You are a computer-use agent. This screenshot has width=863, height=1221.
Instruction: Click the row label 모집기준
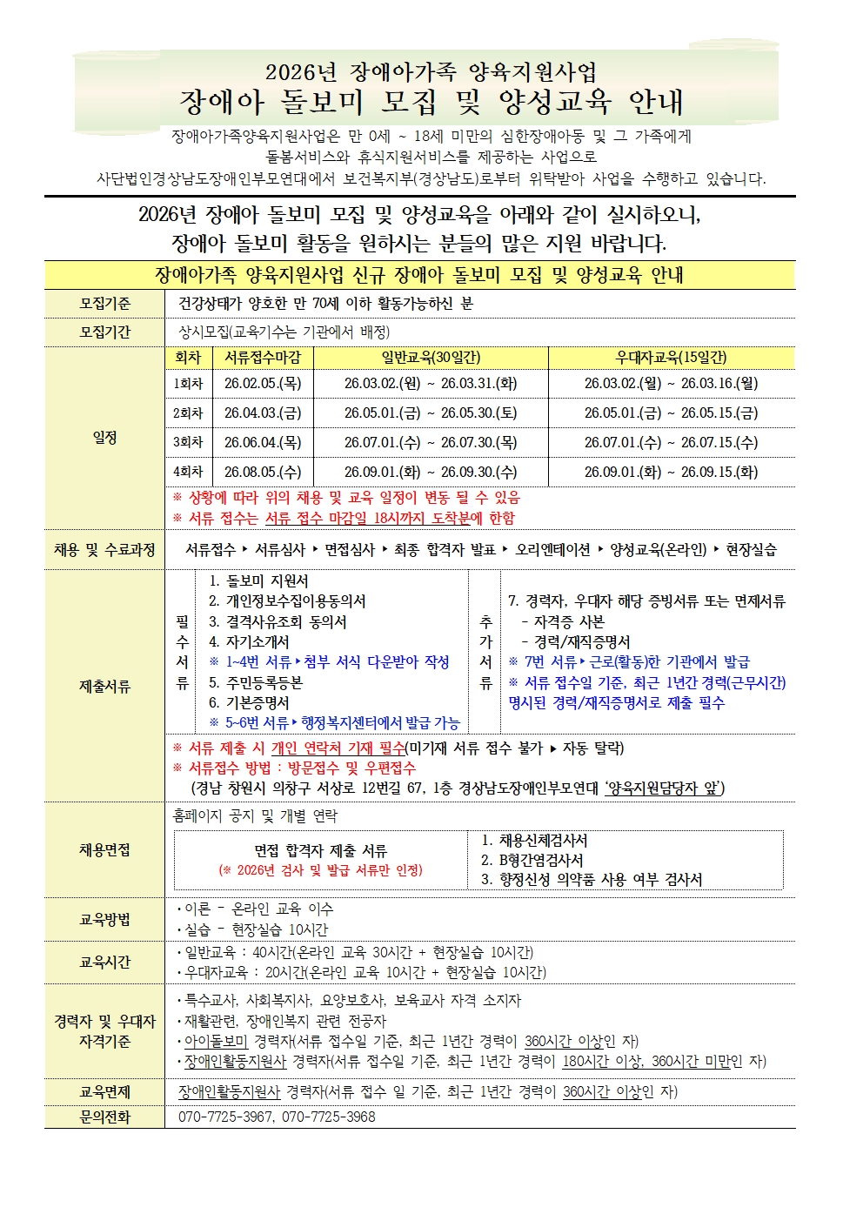104,303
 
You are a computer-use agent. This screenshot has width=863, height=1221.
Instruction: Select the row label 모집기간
104,332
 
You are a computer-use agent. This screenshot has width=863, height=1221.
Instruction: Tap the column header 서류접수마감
262,357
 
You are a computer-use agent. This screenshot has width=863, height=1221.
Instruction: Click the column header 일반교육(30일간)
431,357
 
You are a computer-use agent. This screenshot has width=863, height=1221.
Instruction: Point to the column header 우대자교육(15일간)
671,357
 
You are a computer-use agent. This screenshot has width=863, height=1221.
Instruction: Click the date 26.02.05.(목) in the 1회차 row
262,383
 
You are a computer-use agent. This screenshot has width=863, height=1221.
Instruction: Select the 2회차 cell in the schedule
188,413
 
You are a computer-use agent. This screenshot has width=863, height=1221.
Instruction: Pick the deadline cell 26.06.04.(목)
262,442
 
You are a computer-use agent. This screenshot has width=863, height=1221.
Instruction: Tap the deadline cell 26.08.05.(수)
262,472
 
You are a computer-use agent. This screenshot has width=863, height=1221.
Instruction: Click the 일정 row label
104,437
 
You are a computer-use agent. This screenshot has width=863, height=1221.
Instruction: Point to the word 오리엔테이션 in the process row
552,549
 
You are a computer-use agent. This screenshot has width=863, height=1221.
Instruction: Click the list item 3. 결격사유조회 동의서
278,621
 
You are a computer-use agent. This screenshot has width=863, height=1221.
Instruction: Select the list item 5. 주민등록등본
255,682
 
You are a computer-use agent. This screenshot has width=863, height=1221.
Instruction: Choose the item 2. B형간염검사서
532,860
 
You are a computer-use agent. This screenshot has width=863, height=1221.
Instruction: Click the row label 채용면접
104,849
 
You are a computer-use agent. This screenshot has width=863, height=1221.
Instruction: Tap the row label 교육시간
104,962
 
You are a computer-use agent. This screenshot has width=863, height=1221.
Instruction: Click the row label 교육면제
104,1092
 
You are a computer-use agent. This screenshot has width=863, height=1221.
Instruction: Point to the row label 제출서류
104,687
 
